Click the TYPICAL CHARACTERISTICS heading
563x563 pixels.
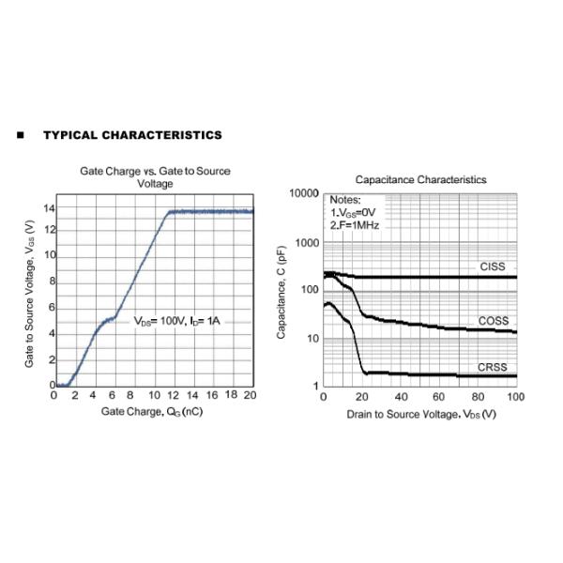point(132,135)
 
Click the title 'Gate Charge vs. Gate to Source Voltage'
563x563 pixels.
point(155,177)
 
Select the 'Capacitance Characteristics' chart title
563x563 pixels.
point(420,179)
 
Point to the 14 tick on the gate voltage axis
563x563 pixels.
point(49,207)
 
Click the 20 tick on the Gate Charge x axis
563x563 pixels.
point(249,395)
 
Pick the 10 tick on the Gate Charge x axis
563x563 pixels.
point(152,395)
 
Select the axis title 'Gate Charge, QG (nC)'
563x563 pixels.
point(151,412)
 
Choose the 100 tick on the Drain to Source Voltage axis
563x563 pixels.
point(514,398)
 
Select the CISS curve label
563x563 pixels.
point(493,267)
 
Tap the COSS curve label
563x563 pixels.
point(493,321)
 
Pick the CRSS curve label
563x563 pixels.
point(493,367)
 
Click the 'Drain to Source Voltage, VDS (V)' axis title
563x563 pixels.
point(420,414)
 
